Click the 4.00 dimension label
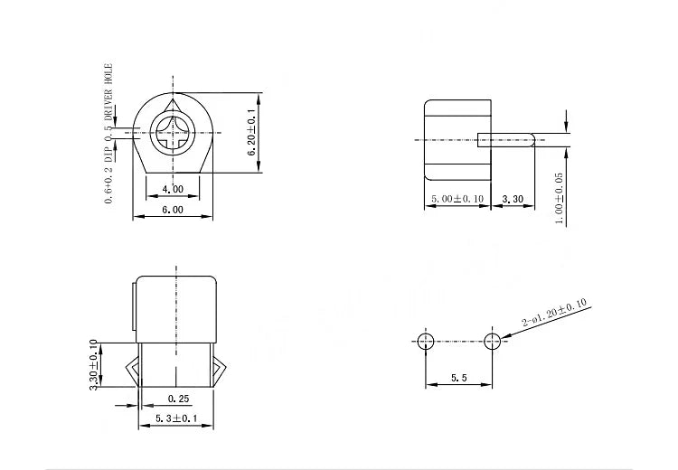173,189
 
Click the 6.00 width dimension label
173,210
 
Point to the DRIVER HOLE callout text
108,92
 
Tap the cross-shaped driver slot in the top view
173,133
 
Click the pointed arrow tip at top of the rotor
174,100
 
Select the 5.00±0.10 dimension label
457,199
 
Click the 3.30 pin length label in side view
513,200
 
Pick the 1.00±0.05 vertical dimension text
559,199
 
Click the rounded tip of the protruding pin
533,140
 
